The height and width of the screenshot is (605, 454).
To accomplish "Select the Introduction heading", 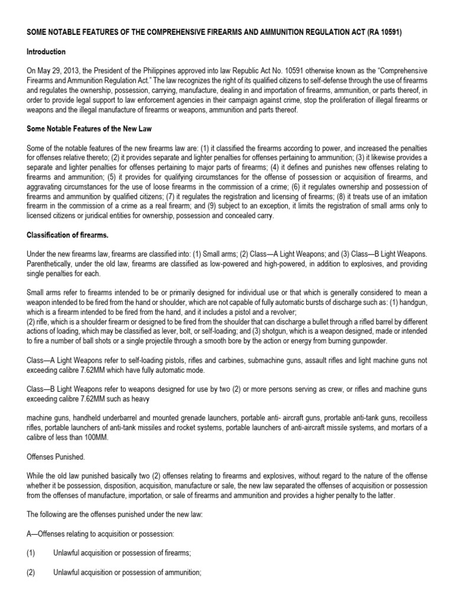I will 46,52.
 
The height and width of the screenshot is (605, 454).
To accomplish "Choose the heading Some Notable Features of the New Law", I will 87,128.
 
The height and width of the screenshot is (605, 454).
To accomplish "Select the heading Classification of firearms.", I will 64,235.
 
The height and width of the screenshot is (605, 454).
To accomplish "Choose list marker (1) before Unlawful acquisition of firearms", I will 31,553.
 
